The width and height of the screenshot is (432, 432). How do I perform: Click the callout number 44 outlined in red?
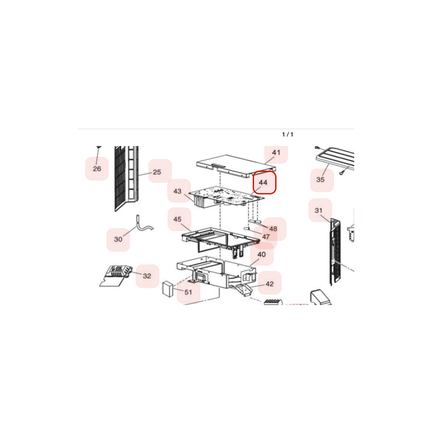(x=263, y=182)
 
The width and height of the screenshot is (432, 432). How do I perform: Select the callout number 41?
(x=276, y=152)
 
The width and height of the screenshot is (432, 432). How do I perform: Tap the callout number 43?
(x=178, y=191)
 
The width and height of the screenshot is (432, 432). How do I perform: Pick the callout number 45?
(x=178, y=219)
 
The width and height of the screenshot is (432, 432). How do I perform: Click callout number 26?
(x=97, y=168)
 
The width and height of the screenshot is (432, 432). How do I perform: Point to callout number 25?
(x=157, y=172)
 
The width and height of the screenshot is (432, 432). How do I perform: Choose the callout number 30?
(x=118, y=239)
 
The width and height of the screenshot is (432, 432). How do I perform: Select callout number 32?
(x=147, y=276)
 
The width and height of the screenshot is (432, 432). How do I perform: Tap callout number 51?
(x=188, y=292)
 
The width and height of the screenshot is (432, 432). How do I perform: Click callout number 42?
(x=270, y=284)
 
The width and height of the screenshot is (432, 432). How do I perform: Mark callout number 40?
(x=262, y=254)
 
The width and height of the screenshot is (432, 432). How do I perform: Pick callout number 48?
(x=273, y=229)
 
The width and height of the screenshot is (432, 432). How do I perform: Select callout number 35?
(x=321, y=180)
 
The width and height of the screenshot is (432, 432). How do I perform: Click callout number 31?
(x=319, y=210)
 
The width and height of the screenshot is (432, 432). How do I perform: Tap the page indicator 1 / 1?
(x=288, y=134)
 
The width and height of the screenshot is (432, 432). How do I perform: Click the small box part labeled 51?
(x=168, y=289)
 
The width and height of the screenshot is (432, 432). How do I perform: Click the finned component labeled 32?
(x=116, y=276)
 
